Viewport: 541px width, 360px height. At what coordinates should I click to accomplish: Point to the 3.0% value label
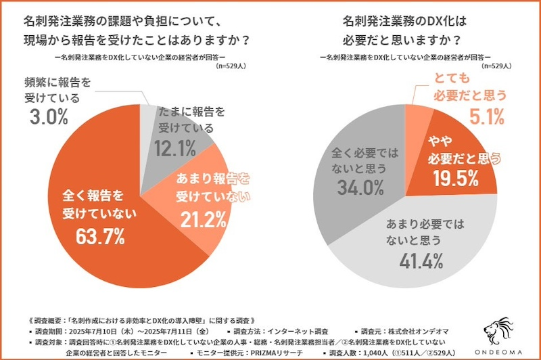[48, 116]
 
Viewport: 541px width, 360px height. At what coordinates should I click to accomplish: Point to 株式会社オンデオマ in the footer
[415, 332]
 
